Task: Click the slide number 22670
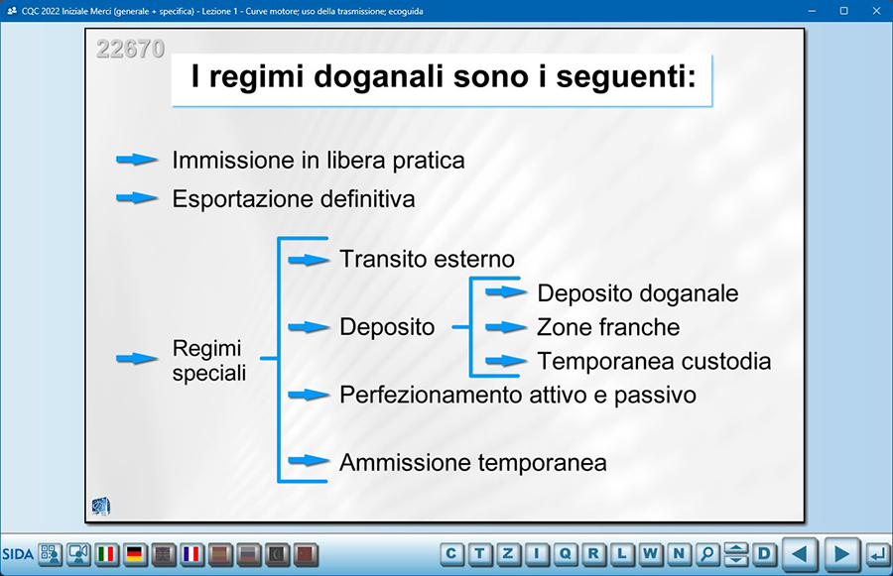click(x=130, y=49)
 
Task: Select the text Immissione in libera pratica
click(x=319, y=161)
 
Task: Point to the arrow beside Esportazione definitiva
click(x=137, y=198)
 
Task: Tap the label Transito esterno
click(x=427, y=259)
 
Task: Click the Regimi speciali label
click(x=209, y=360)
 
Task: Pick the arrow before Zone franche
click(x=506, y=327)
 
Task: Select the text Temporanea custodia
click(x=654, y=361)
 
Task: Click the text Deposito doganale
click(x=638, y=293)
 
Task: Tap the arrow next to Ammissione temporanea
click(x=309, y=460)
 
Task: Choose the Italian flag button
click(x=106, y=554)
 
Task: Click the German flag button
click(x=135, y=554)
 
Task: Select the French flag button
click(x=191, y=554)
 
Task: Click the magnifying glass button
click(x=707, y=553)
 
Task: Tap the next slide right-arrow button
click(x=841, y=554)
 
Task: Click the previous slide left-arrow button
click(x=800, y=554)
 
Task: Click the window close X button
click(x=876, y=11)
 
